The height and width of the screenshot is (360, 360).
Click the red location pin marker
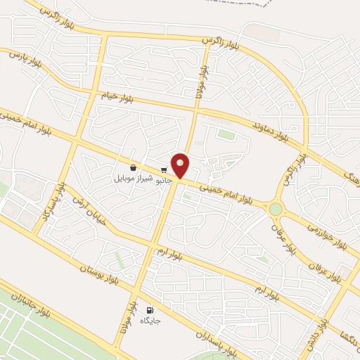(x=181, y=166)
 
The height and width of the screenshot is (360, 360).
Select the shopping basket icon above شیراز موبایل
(x=134, y=167)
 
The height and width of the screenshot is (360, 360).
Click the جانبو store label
(x=164, y=179)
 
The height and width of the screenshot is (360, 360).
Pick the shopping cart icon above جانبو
(x=164, y=169)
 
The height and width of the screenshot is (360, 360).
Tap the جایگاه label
(x=150, y=321)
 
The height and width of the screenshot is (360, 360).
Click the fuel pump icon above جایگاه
(x=149, y=310)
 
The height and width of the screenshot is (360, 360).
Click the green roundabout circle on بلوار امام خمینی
(x=275, y=209)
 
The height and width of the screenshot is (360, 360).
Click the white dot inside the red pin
(x=181, y=162)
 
